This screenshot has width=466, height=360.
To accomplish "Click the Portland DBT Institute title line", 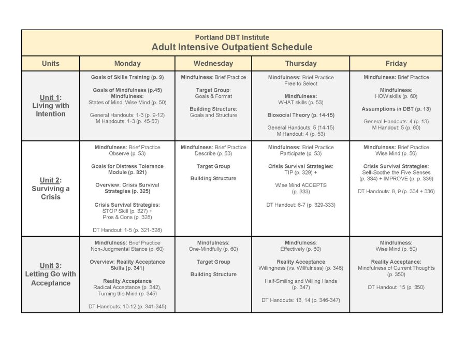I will click(231, 37).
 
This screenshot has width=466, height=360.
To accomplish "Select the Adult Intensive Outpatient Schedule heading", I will click(231, 47).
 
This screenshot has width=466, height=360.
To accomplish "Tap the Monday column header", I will click(127, 64).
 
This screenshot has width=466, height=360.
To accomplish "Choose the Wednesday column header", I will click(213, 64).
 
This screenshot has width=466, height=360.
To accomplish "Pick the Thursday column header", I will click(300, 64).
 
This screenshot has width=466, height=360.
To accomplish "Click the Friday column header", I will click(396, 64).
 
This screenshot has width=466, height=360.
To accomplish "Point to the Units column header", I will click(50, 64).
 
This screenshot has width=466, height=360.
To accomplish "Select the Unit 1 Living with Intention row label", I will click(51, 106).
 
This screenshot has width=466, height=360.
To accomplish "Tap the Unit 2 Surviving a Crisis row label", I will click(51, 189).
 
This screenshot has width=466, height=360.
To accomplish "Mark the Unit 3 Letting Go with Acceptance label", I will click(51, 274).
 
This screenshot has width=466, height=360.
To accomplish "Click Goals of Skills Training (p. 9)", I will click(127, 77).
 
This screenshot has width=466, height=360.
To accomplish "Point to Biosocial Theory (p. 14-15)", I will click(300, 115).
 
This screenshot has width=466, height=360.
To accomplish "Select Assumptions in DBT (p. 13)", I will click(396, 109).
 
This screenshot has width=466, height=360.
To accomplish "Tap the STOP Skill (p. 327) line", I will click(127, 211).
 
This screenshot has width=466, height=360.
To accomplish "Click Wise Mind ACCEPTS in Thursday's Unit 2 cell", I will click(300, 185).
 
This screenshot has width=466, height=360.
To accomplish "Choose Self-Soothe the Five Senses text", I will click(396, 172).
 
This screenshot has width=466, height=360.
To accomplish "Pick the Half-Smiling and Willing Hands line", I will click(300, 281).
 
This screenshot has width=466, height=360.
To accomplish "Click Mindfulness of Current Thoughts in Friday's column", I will click(396, 268).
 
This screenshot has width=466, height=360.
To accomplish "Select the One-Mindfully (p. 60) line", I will click(213, 249).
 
